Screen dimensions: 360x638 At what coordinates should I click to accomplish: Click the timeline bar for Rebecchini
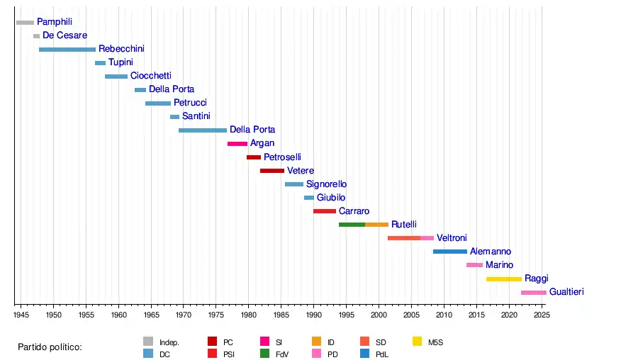pyautogui.click(x=67, y=50)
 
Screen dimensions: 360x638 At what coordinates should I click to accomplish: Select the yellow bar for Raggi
pyautogui.click(x=503, y=279)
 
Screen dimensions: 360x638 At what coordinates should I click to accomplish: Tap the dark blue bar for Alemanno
pyautogui.click(x=449, y=252)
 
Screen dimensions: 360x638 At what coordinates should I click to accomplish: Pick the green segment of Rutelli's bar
pyautogui.click(x=352, y=225)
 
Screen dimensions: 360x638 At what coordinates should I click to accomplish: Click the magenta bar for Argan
pyautogui.click(x=237, y=144)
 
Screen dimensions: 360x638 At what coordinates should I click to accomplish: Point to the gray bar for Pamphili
pyautogui.click(x=25, y=23)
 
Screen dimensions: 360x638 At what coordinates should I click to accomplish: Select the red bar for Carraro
pyautogui.click(x=324, y=211)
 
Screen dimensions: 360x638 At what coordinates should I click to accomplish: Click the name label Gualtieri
pyautogui.click(x=566, y=292)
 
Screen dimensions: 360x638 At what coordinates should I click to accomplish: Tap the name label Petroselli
pyautogui.click(x=282, y=157)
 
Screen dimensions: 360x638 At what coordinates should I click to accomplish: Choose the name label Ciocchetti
pyautogui.click(x=150, y=76)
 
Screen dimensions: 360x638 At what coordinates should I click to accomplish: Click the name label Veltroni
pyautogui.click(x=452, y=238)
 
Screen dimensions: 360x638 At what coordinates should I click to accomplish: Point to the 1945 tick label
pyautogui.click(x=21, y=314)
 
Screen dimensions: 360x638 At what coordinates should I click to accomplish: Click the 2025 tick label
pyautogui.click(x=541, y=314)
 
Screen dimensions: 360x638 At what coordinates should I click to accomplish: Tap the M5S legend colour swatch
pyautogui.click(x=418, y=342)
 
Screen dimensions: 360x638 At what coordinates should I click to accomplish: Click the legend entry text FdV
pyautogui.click(x=282, y=354)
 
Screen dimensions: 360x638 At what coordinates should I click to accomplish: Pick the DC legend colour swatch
pyautogui.click(x=148, y=354)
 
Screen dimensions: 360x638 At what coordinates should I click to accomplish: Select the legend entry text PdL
pyautogui.click(x=381, y=354)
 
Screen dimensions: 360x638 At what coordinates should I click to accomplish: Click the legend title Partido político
pyautogui.click(x=50, y=347)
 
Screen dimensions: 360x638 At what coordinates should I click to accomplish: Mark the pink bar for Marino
pyautogui.click(x=474, y=265)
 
